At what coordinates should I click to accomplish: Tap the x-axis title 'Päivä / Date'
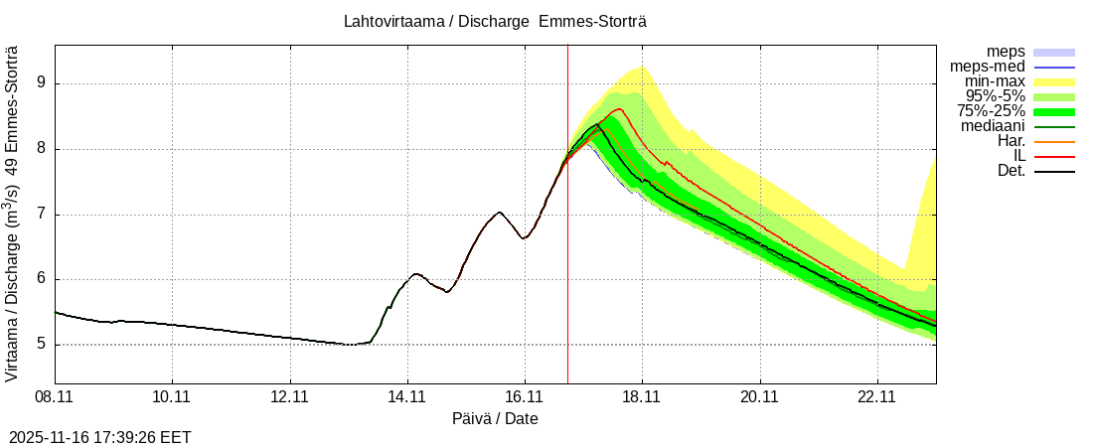point(495,418)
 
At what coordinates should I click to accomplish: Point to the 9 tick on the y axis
point(43,84)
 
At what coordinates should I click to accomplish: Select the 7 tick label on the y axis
point(43,215)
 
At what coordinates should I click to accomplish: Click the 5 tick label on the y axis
point(43,345)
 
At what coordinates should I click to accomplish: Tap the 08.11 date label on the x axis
point(55,396)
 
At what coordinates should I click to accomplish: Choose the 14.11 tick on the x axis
point(407,396)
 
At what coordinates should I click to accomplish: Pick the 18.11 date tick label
point(642,396)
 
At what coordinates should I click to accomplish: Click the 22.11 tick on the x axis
point(877,396)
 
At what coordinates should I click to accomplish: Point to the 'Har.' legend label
point(1009,141)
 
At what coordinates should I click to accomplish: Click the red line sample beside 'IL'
point(1054,156)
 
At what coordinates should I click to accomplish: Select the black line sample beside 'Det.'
point(1054,171)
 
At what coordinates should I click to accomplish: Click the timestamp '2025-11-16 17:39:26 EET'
point(100,437)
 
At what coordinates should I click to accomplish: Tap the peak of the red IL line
point(619,109)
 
